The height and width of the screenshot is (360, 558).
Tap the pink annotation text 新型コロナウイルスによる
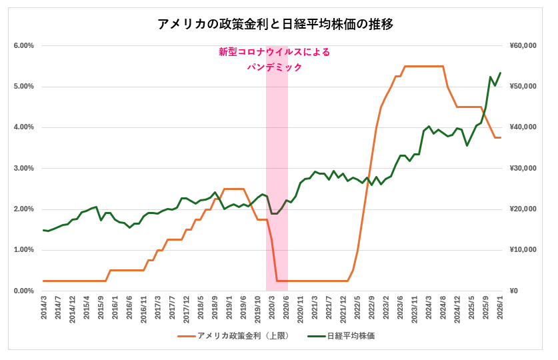[x=274, y=52]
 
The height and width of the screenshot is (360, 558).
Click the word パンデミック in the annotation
[x=274, y=67]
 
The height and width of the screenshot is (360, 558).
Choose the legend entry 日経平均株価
[x=350, y=336]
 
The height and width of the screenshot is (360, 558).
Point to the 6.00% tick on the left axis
[x=23, y=45]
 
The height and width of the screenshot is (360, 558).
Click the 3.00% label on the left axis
[x=23, y=168]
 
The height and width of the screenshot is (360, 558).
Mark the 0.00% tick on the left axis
[x=23, y=291]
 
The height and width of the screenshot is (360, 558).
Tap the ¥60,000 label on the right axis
[x=523, y=45]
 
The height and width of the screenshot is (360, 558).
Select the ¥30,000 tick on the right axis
[x=523, y=168]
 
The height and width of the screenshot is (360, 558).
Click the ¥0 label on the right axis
[x=514, y=291]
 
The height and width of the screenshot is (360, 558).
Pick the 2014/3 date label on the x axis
[x=44, y=310]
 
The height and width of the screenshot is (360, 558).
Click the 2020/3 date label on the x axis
[x=272, y=310]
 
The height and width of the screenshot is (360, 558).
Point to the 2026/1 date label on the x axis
[x=500, y=310]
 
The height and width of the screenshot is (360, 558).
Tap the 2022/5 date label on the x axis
[x=357, y=310]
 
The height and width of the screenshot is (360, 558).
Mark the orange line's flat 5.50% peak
[x=424, y=66]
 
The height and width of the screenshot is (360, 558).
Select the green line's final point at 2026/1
[x=500, y=73]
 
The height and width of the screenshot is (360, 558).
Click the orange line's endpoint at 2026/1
[x=500, y=137]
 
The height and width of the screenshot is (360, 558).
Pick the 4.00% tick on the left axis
[x=23, y=127]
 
